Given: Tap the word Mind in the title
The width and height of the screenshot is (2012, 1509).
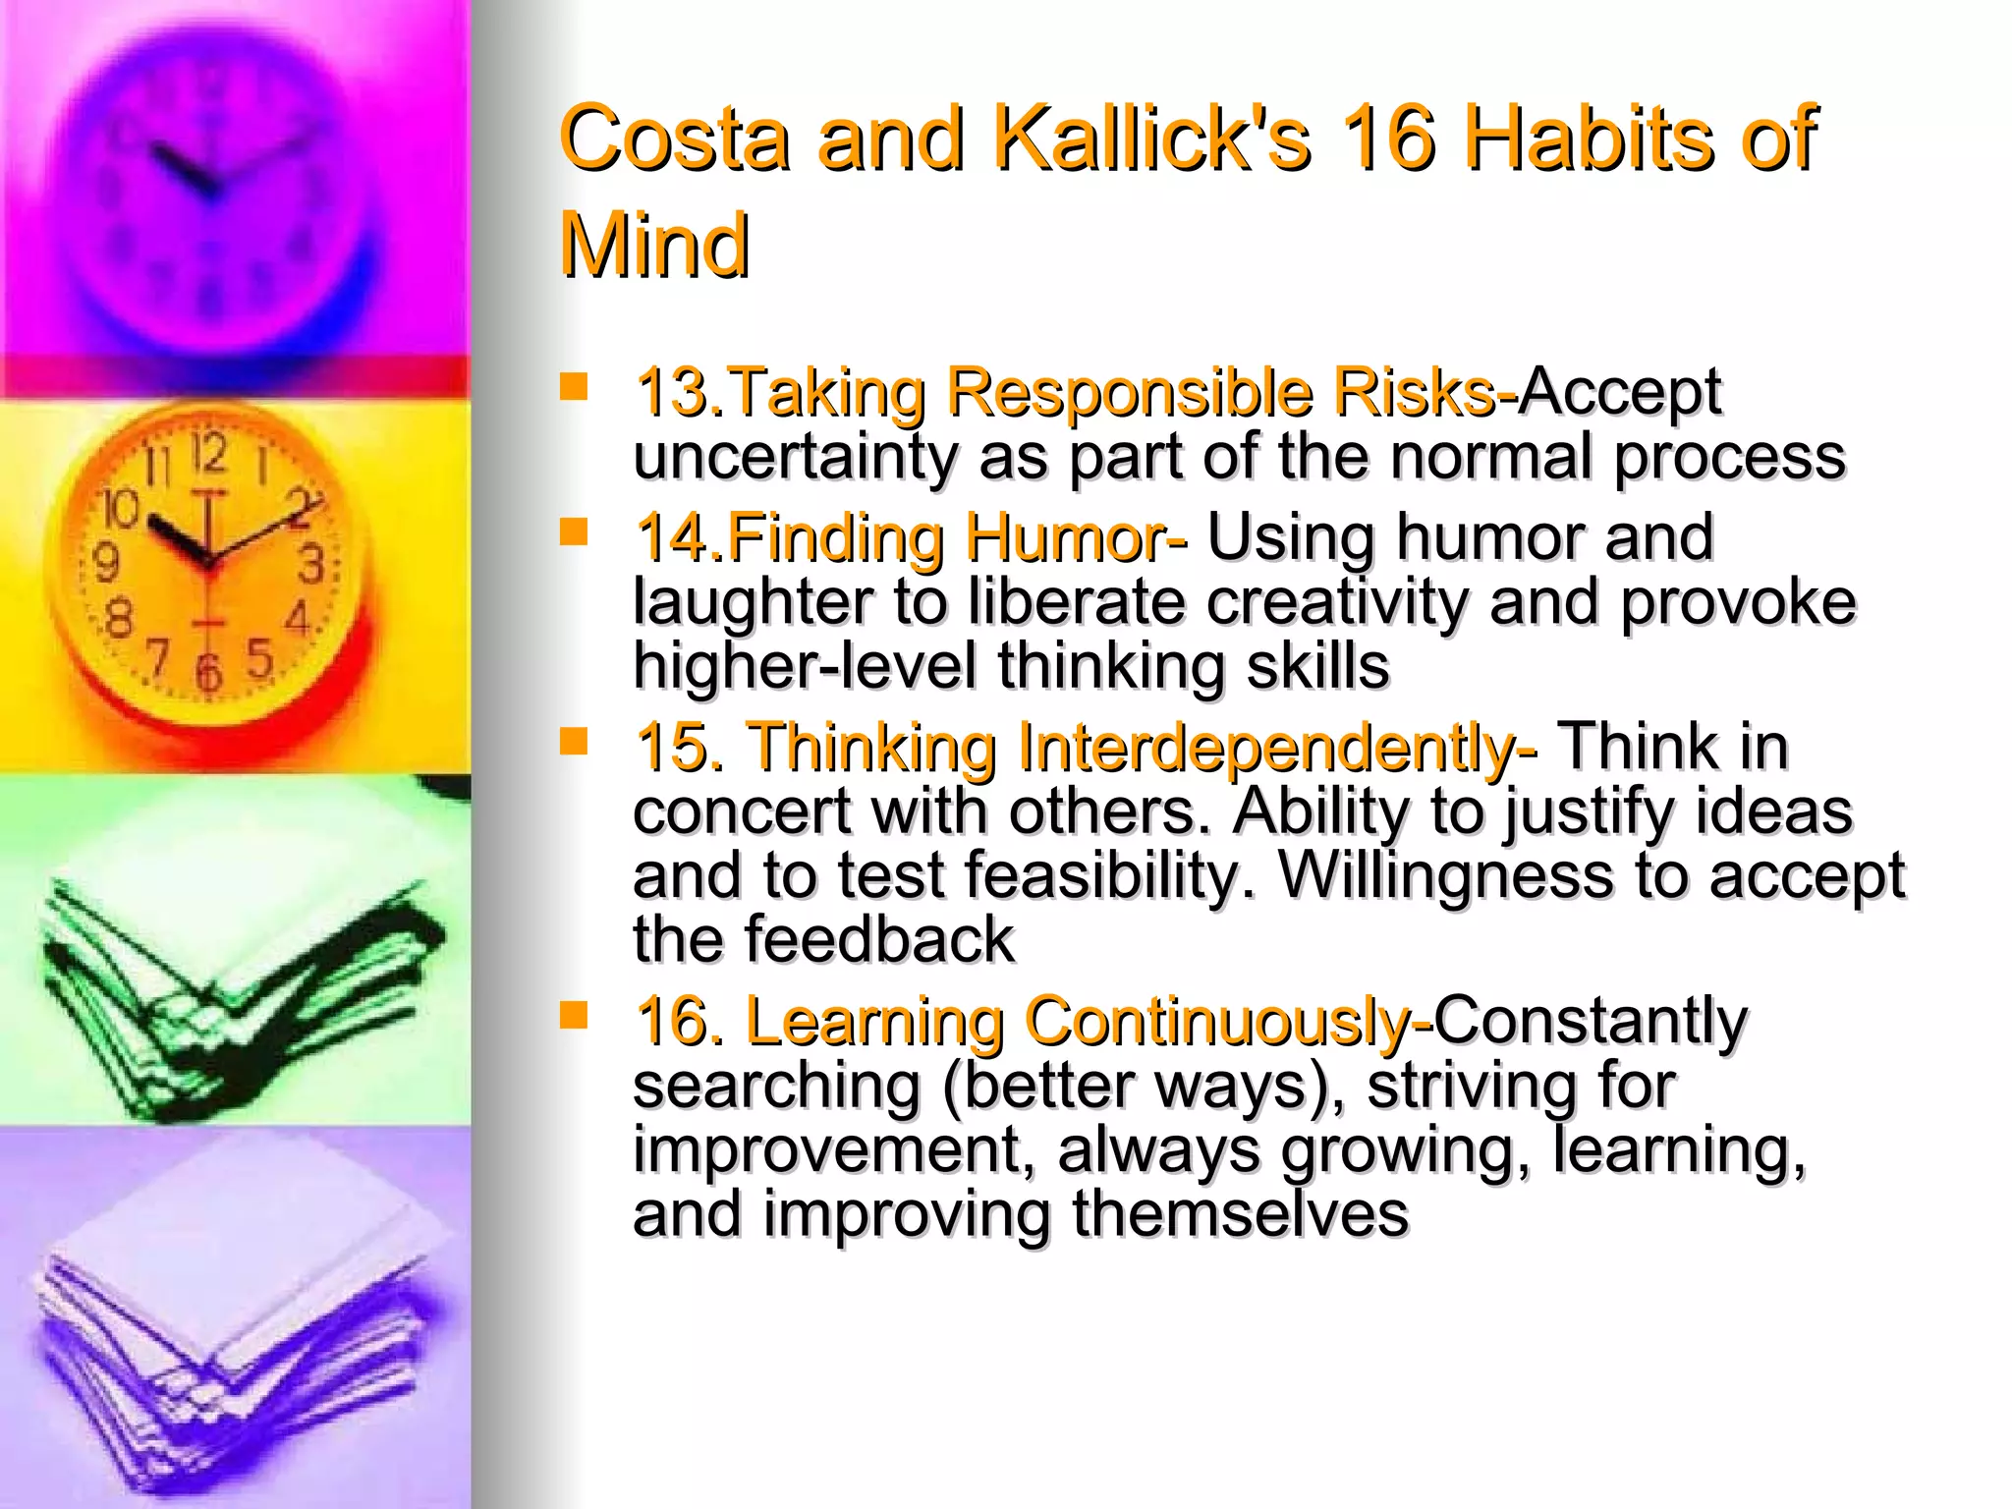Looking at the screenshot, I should (654, 246).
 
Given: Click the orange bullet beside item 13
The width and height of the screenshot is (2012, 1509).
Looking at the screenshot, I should (573, 386).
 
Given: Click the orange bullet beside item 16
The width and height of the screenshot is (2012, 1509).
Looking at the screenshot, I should (573, 1014).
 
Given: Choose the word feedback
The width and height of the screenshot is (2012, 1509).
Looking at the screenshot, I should (878, 940).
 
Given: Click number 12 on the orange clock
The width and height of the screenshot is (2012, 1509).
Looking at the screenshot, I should (208, 453).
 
